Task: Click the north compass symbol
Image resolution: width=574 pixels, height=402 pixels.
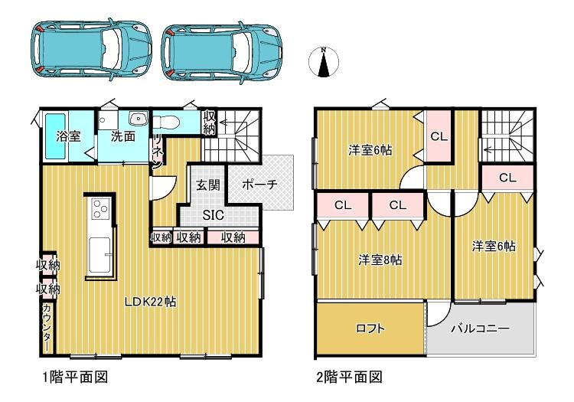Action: (x=324, y=62)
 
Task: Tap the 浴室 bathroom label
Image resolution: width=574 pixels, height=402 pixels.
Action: (x=68, y=136)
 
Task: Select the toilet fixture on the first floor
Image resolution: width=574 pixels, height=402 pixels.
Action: (x=165, y=122)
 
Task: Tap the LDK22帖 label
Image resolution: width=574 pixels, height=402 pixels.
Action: (x=151, y=302)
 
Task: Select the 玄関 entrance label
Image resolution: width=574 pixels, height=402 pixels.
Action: (x=208, y=185)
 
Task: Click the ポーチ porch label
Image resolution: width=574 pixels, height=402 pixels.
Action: (x=259, y=185)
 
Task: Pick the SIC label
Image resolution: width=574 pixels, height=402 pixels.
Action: (x=213, y=215)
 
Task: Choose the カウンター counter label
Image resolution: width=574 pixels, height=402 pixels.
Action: (x=47, y=327)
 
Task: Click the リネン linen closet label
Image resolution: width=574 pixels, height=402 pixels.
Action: (x=158, y=151)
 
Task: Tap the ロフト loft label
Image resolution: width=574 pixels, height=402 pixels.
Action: (x=370, y=328)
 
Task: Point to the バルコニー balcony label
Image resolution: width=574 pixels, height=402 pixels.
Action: (x=480, y=328)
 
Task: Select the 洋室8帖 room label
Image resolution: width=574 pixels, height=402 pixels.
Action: (x=380, y=260)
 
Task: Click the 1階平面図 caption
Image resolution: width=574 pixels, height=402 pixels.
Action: (x=76, y=377)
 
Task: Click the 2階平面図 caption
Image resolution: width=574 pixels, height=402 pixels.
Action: (x=349, y=377)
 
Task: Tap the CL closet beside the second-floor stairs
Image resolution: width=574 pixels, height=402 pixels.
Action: (x=507, y=178)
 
